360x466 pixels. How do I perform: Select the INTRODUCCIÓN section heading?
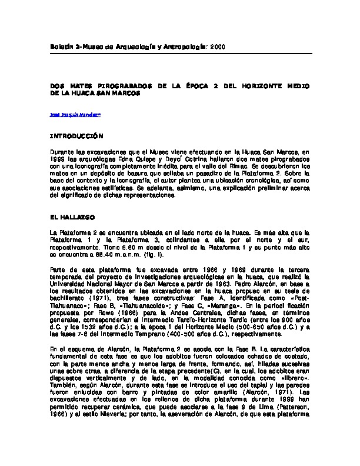pyautogui.click(x=77, y=135)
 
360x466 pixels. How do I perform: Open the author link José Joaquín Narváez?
pyautogui.click(x=75, y=116)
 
